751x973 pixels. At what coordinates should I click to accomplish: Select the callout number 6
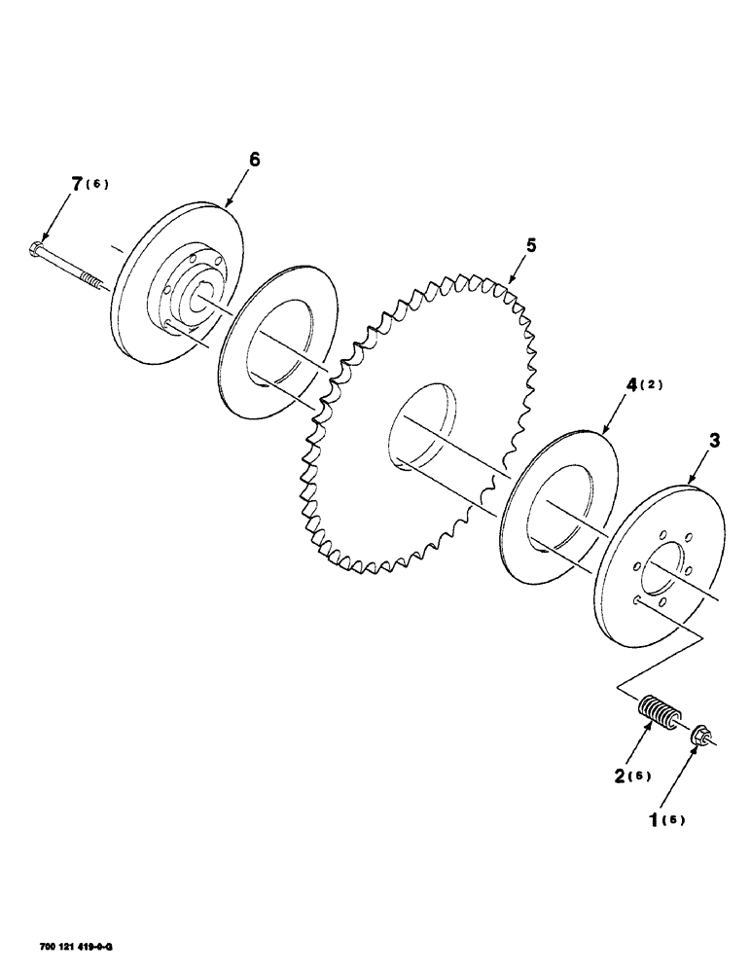click(254, 161)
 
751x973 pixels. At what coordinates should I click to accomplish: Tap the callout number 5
click(530, 246)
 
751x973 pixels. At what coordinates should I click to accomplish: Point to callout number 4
click(631, 384)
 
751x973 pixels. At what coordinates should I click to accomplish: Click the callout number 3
click(716, 442)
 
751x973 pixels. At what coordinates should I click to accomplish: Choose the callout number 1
click(655, 819)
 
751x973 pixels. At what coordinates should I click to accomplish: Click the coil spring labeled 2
click(659, 720)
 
